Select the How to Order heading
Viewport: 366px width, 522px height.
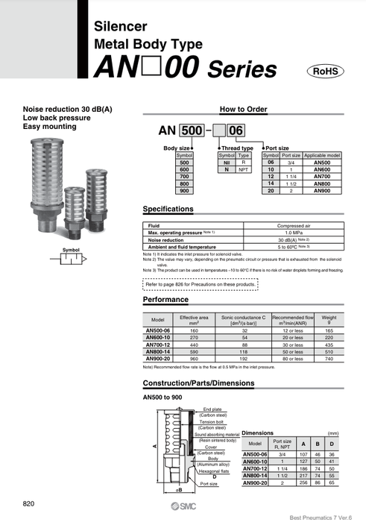pyautogui.click(x=243, y=109)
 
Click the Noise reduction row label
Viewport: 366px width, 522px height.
pyautogui.click(x=165, y=240)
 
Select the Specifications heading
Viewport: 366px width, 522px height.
pyautogui.click(x=168, y=210)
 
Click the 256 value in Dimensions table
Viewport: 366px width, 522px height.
pyautogui.click(x=304, y=483)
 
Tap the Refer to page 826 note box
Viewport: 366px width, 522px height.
pyautogui.click(x=209, y=284)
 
